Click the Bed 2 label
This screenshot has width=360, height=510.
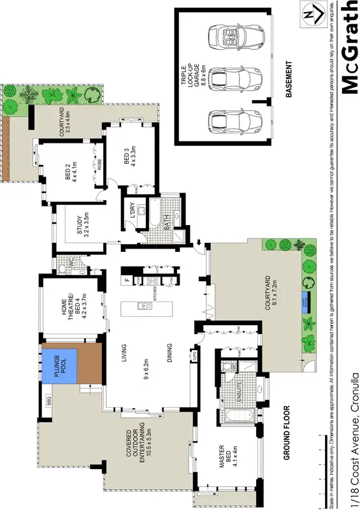[x=71, y=170]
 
